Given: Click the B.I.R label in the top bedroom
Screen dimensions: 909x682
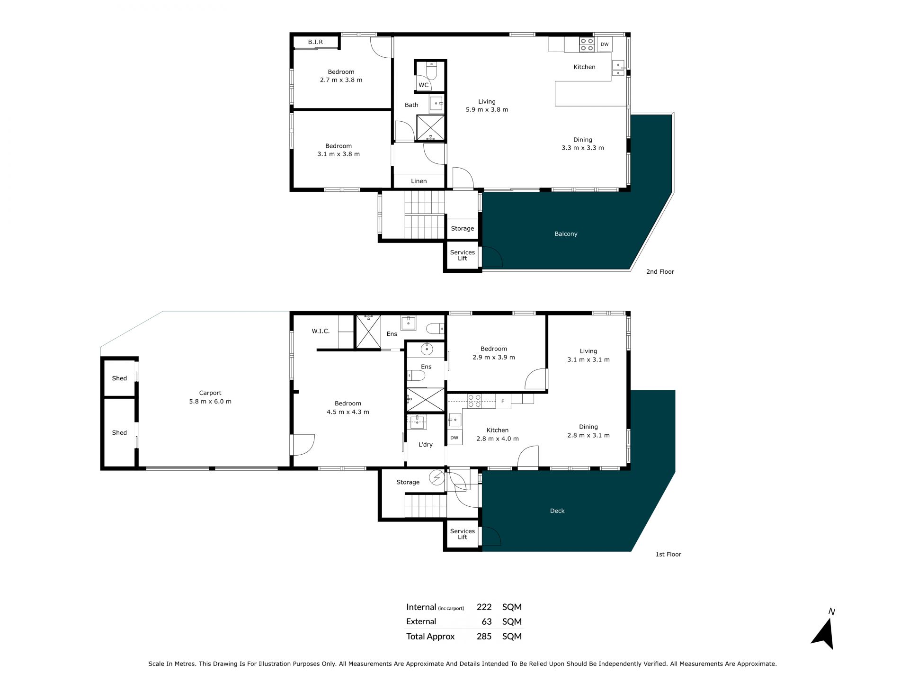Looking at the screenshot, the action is pyautogui.click(x=315, y=42).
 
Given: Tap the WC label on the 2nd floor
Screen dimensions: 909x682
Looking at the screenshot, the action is pyautogui.click(x=423, y=85).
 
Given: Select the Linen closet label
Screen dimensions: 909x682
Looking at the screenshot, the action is pyautogui.click(x=419, y=181).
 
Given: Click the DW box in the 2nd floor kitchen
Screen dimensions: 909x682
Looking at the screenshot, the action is pyautogui.click(x=605, y=45).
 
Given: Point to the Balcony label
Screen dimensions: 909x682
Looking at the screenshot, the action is pyautogui.click(x=566, y=234).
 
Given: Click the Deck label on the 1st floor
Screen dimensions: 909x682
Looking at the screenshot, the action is pyautogui.click(x=557, y=511).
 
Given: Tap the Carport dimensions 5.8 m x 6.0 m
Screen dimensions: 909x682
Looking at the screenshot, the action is pyautogui.click(x=210, y=402).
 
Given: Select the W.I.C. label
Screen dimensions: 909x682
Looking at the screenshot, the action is pyautogui.click(x=321, y=331).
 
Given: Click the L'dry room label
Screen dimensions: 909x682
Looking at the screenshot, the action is pyautogui.click(x=426, y=445).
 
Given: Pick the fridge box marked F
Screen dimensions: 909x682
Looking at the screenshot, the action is pyautogui.click(x=503, y=402).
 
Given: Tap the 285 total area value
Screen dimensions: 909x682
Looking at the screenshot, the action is pyautogui.click(x=484, y=637).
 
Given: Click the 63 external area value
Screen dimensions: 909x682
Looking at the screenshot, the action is pyautogui.click(x=487, y=622).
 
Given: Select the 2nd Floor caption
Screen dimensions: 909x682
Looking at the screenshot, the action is pyautogui.click(x=660, y=272).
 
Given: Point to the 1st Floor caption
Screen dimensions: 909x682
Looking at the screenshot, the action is pyautogui.click(x=668, y=554).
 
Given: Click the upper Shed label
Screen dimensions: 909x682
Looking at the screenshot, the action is pyautogui.click(x=119, y=378).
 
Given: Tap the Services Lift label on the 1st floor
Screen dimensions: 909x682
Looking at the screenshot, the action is pyautogui.click(x=463, y=534).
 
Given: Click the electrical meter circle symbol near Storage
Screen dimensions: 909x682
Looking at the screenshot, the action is pyautogui.click(x=437, y=479).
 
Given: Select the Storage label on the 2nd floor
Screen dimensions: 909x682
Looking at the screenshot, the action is pyautogui.click(x=463, y=229).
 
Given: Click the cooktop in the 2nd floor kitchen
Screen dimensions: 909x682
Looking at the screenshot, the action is pyautogui.click(x=587, y=45).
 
